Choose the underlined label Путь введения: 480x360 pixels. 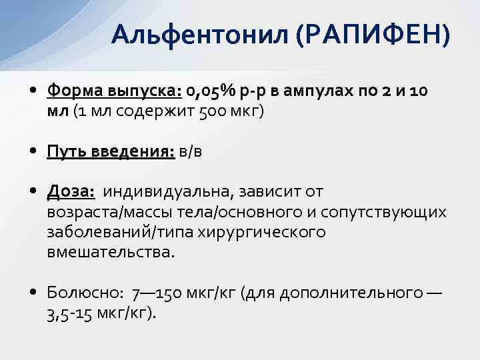point(111,151)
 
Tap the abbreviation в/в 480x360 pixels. point(190,151)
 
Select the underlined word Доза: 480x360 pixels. point(71,193)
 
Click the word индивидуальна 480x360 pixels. point(169,193)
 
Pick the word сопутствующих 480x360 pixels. point(383,213)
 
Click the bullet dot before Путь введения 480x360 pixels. point(33,151)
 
